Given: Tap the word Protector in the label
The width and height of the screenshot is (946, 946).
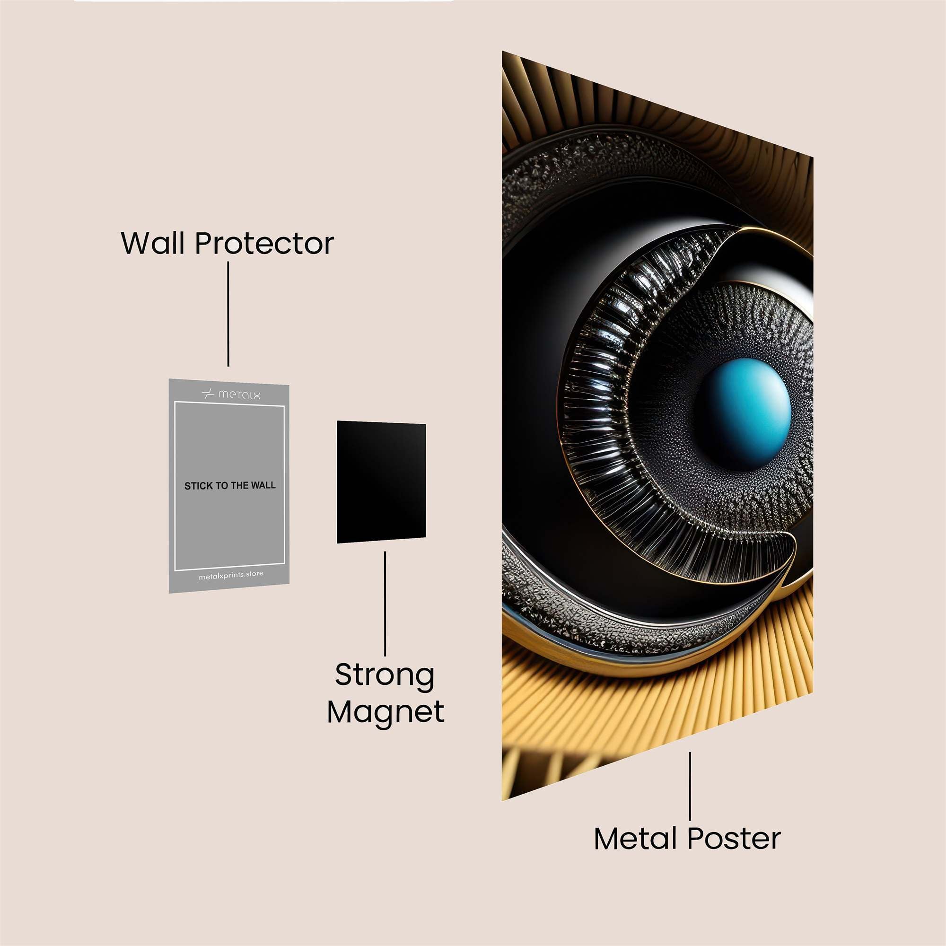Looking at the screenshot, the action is [x=264, y=243].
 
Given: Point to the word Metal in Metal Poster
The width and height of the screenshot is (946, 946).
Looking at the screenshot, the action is [x=637, y=838].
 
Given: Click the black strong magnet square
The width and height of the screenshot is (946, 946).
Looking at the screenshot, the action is [x=381, y=482].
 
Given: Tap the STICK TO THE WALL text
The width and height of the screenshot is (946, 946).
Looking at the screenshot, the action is [x=230, y=486].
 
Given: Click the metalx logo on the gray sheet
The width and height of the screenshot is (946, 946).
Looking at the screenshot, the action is [x=231, y=394].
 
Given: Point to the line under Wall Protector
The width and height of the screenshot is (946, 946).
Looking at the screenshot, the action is [x=228, y=314].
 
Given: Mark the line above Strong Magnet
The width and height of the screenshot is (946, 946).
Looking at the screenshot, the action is [x=385, y=603].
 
